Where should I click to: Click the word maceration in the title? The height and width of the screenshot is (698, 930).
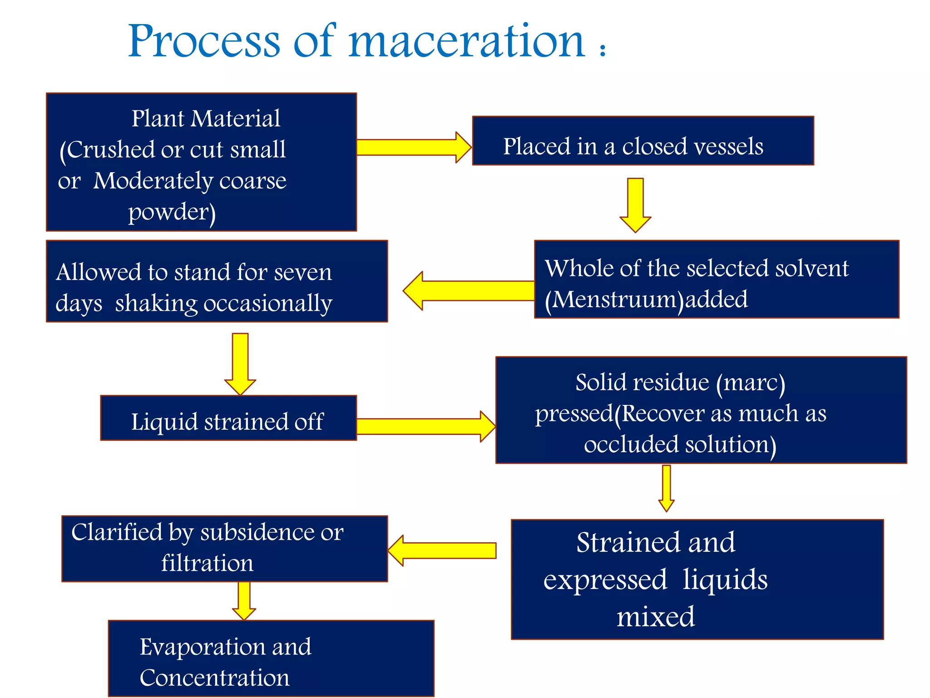coord(466,42)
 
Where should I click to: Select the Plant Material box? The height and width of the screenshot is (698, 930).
coord(201,162)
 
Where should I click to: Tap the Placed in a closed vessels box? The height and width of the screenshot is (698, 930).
coord(643,141)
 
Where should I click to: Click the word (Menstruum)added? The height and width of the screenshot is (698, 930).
coord(646,299)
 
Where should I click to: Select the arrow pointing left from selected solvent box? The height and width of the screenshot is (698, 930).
coord(468,291)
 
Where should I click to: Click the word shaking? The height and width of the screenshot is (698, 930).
coord(156,303)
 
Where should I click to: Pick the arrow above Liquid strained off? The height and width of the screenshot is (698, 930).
coord(240,364)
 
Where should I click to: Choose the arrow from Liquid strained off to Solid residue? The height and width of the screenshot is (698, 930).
coord(425,426)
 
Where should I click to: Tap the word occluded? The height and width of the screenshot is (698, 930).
coord(631,444)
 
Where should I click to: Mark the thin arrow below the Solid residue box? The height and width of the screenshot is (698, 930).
coord(666,488)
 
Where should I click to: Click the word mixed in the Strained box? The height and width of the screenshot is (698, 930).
coord(655,617)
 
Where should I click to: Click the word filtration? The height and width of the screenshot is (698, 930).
coord(207,563)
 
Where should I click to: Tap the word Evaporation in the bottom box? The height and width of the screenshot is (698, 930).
coord(225,647)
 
